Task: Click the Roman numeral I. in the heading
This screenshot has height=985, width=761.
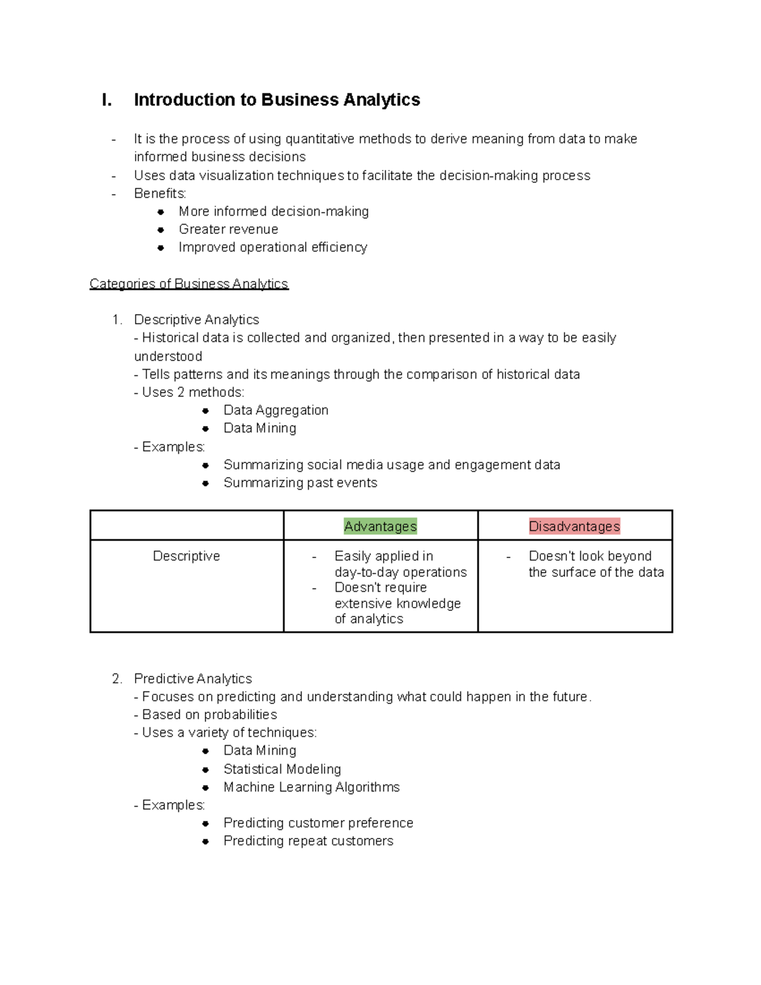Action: click(x=107, y=100)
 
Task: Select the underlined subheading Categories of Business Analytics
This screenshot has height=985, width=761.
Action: click(x=189, y=284)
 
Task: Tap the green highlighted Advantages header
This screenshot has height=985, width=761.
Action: click(x=380, y=526)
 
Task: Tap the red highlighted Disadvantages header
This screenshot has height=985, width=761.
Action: click(x=575, y=526)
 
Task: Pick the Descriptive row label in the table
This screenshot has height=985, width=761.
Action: click(x=186, y=556)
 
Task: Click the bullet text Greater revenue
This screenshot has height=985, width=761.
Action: click(x=228, y=230)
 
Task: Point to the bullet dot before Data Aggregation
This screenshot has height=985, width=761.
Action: click(x=205, y=411)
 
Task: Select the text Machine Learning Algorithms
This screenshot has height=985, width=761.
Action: click(x=311, y=787)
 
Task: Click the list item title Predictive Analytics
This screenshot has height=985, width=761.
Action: click(x=193, y=679)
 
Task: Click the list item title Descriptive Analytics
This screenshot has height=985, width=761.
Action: click(x=197, y=320)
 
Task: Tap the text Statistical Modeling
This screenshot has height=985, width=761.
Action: click(x=282, y=769)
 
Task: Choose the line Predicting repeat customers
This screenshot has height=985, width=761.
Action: click(x=308, y=841)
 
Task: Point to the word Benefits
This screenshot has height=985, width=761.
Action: click(x=160, y=193)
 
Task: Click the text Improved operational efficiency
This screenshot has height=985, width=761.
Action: click(x=273, y=247)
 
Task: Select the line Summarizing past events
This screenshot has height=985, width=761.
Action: click(x=300, y=483)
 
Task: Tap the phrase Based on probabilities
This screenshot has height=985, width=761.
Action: click(x=209, y=715)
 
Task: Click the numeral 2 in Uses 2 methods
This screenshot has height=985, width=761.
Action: click(x=181, y=393)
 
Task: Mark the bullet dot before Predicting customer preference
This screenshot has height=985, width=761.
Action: click(x=205, y=823)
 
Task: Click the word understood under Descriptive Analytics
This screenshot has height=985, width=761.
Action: click(x=168, y=356)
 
